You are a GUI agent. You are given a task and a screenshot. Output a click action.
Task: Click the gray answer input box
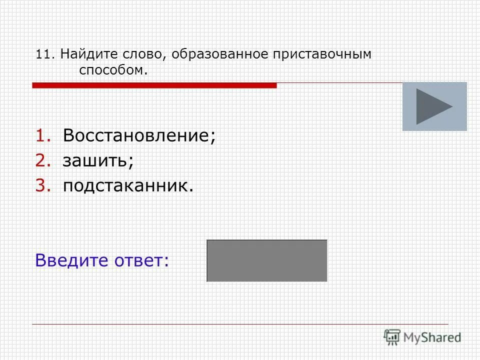pos(267,260)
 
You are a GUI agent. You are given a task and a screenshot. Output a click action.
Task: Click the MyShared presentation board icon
pos(392,337)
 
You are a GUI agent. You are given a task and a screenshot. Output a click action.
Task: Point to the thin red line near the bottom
pos(240,324)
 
